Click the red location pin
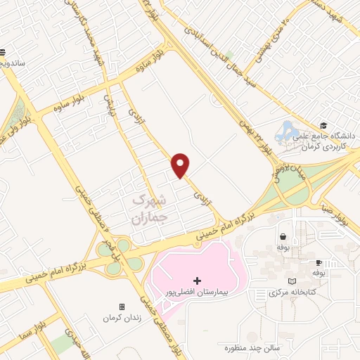(x=181, y=165)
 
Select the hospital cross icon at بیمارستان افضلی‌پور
(x=197, y=281)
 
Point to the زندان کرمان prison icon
(x=122, y=307)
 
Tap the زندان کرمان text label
(x=122, y=319)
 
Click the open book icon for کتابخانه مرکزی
(x=292, y=281)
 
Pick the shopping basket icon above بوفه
(x=283, y=237)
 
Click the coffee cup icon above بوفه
(x=319, y=262)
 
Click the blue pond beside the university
(x=288, y=131)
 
